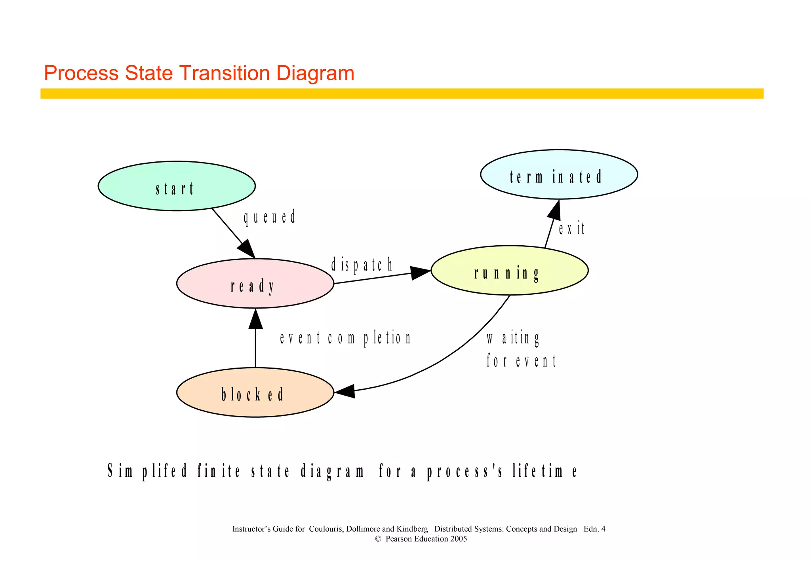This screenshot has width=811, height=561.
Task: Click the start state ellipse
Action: pyautogui.click(x=176, y=186)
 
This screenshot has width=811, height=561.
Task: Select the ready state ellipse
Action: pyautogui.click(x=255, y=283)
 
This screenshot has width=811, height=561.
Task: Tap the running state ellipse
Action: pyautogui.click(x=509, y=271)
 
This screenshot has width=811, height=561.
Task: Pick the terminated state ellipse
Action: pyautogui.click(x=559, y=174)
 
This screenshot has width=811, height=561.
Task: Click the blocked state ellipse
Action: pyautogui.click(x=255, y=392)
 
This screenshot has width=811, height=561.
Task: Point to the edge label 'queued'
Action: pyautogui.click(x=270, y=218)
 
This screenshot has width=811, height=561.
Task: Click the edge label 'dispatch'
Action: pyautogui.click(x=362, y=265)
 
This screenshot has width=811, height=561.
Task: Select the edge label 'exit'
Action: pyautogui.click(x=571, y=229)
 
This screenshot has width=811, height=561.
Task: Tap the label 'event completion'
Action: pyautogui.click(x=345, y=338)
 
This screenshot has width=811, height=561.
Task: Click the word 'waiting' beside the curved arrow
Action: pyautogui.click(x=513, y=339)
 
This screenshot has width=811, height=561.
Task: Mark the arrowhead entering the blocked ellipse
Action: pyautogui.click(x=344, y=391)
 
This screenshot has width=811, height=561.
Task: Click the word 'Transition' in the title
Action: pyautogui.click(x=225, y=73)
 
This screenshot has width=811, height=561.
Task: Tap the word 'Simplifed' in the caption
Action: pyautogui.click(x=147, y=471)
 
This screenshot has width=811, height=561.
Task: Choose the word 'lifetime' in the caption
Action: pyautogui.click(x=545, y=471)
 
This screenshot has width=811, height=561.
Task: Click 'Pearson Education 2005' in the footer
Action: pyautogui.click(x=426, y=539)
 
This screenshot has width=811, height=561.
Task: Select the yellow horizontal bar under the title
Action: pyautogui.click(x=402, y=93)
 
